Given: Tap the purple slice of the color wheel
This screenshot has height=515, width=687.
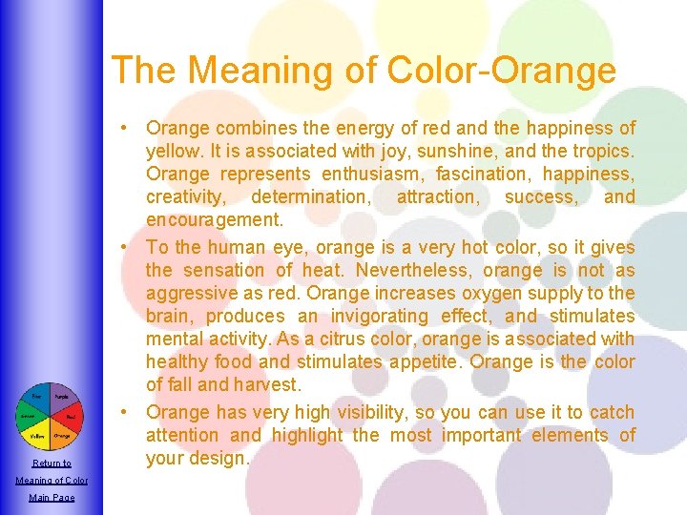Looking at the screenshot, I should (61, 397).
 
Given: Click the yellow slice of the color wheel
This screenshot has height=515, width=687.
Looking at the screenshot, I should (37, 436).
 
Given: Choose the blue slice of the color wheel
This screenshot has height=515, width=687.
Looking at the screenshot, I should (37, 397).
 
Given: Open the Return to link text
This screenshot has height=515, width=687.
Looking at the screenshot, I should (52, 463).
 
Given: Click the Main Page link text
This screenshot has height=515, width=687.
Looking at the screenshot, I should (52, 497).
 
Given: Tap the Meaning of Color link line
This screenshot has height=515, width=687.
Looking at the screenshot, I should (52, 480).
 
